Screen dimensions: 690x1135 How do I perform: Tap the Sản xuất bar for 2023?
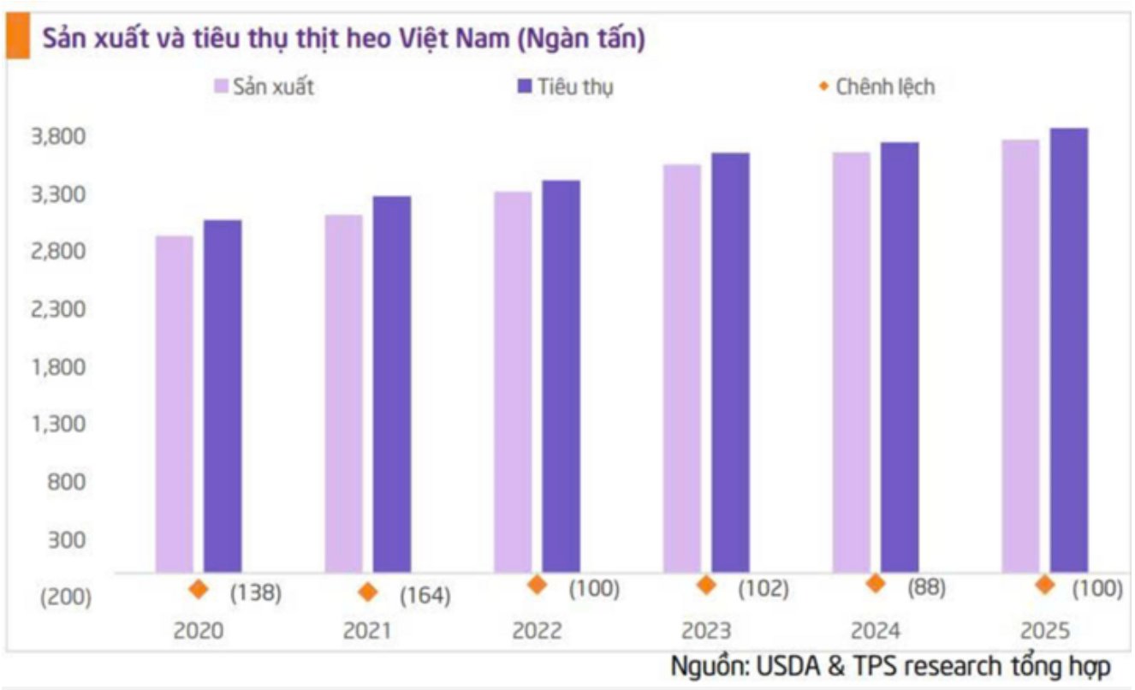681,368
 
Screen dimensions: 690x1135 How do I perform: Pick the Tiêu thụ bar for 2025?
1069,350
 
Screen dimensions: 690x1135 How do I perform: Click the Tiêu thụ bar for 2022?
561,376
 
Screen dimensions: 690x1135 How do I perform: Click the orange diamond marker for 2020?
199,589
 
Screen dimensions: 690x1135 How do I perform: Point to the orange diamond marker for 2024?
875,584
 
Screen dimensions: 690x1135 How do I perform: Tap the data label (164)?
425,595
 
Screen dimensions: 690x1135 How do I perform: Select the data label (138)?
255,592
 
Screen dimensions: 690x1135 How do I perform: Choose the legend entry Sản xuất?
264,86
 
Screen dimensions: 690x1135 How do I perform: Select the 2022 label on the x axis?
537,631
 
